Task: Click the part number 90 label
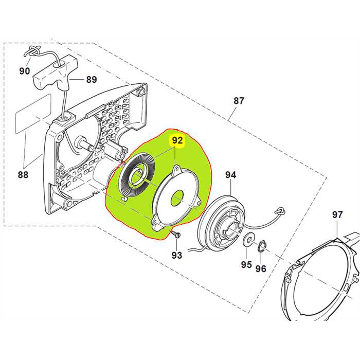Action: pyautogui.click(x=24, y=71)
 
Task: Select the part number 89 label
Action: pyautogui.click(x=92, y=79)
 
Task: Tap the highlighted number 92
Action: pyautogui.click(x=177, y=140)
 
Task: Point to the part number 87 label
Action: pyautogui.click(x=239, y=101)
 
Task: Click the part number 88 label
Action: pyautogui.click(x=23, y=175)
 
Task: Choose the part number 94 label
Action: pyautogui.click(x=230, y=175)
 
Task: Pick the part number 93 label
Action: pyautogui.click(x=176, y=255)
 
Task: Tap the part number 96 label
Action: pyautogui.click(x=261, y=268)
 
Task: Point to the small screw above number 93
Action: pyautogui.click(x=176, y=235)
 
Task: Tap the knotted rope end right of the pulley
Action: pyautogui.click(x=280, y=210)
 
